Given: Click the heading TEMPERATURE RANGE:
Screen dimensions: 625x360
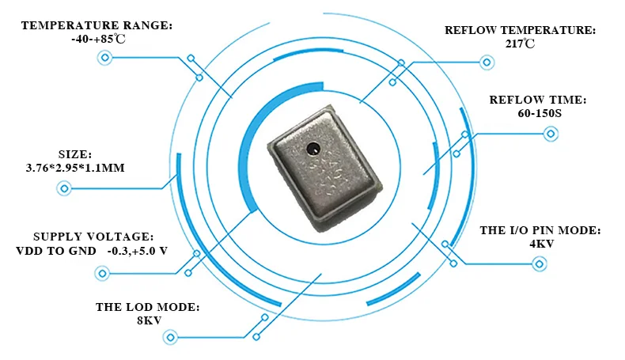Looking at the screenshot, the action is [x=96, y=25].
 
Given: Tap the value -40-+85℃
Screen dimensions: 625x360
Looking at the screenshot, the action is [x=96, y=40].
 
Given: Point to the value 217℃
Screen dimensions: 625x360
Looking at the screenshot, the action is [x=520, y=44].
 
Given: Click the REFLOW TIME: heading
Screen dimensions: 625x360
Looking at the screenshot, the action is [x=538, y=100].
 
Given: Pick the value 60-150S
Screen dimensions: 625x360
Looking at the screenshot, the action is [x=538, y=114].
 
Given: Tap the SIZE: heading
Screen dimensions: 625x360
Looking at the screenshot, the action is [x=76, y=154].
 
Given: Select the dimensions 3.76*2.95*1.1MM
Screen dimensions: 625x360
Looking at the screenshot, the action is [x=76, y=169].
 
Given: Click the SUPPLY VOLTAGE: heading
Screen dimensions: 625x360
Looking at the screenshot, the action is [x=93, y=237].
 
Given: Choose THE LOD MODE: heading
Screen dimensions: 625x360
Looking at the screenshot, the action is [x=147, y=306].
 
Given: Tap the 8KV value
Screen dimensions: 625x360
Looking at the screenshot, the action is [x=148, y=320].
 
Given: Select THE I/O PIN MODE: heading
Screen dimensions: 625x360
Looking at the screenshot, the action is [x=540, y=230].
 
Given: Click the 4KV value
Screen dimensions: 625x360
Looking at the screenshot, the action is [x=541, y=244].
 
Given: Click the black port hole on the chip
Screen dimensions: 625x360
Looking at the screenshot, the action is [x=313, y=147].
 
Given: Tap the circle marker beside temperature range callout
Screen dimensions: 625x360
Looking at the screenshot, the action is [x=103, y=58].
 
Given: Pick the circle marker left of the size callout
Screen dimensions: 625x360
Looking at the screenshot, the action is [x=64, y=188].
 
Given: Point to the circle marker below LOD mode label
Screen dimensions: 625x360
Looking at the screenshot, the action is [x=168, y=338].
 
